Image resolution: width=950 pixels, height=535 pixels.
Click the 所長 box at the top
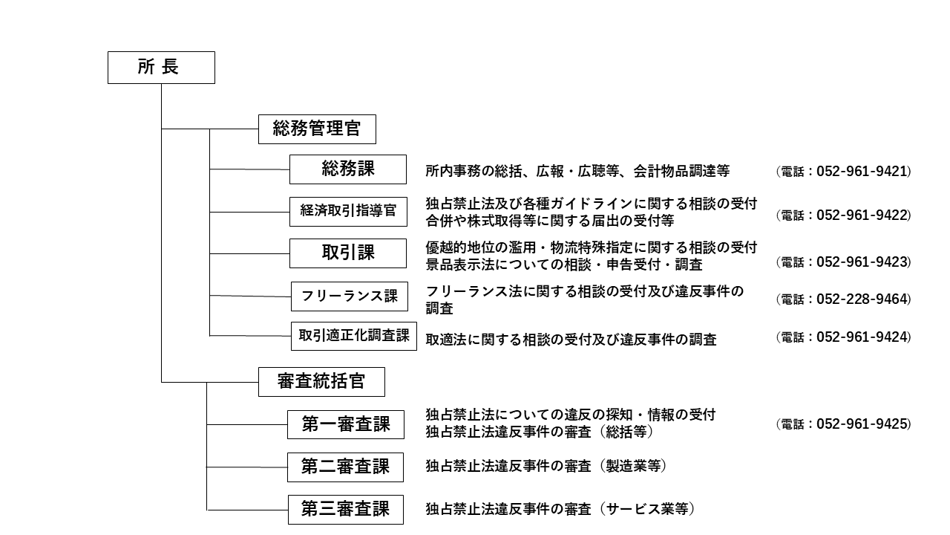pyautogui.click(x=161, y=68)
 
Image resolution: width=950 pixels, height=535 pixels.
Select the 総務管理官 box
pyautogui.click(x=317, y=129)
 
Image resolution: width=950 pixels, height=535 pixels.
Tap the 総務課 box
pyautogui.click(x=348, y=169)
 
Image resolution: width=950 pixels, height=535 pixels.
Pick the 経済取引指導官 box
pyautogui.click(x=348, y=212)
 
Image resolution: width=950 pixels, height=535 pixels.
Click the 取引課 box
pyautogui.click(x=348, y=253)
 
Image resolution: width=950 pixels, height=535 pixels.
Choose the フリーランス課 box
pyautogui.click(x=349, y=296)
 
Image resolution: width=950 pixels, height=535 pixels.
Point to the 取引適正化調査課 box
pyautogui.click(x=354, y=336)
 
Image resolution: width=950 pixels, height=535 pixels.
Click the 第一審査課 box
pyautogui.click(x=346, y=425)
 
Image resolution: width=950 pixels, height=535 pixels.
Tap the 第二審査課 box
pyautogui.click(x=346, y=467)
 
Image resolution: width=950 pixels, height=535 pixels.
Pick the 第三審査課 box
pyautogui.click(x=346, y=510)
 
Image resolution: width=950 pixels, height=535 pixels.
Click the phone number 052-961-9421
pyautogui.click(x=863, y=172)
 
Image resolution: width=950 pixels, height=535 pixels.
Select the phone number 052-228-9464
pyautogui.click(x=863, y=299)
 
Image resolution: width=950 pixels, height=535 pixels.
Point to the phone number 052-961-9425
pyautogui.click(x=863, y=424)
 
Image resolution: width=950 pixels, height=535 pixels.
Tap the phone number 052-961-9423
pyautogui.click(x=863, y=262)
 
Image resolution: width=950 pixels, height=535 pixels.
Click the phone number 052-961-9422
pyautogui.click(x=863, y=215)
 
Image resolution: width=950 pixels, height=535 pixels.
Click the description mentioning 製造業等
pyautogui.click(x=546, y=467)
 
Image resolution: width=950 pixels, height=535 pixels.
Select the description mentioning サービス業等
pyautogui.click(x=560, y=510)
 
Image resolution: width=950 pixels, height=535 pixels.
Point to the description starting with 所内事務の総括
pyautogui.click(x=577, y=172)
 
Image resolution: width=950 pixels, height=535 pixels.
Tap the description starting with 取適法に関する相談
pyautogui.click(x=571, y=340)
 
